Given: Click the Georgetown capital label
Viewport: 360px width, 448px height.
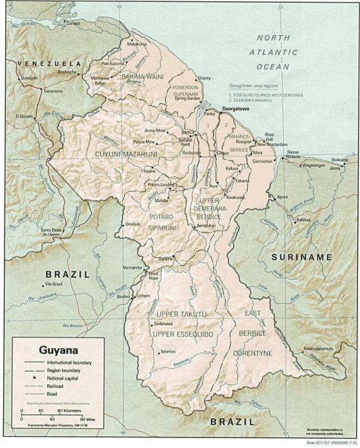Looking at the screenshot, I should (236, 107).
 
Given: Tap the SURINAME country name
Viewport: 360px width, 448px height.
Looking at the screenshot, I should (302, 257).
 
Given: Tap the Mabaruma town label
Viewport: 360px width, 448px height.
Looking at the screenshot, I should (137, 44).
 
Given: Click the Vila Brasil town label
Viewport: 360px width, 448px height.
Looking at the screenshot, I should (53, 283).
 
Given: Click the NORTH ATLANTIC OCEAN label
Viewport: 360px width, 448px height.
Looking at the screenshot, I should (282, 52).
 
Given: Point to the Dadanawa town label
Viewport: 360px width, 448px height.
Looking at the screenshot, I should (162, 324).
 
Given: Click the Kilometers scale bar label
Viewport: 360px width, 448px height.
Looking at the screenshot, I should (67, 411).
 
